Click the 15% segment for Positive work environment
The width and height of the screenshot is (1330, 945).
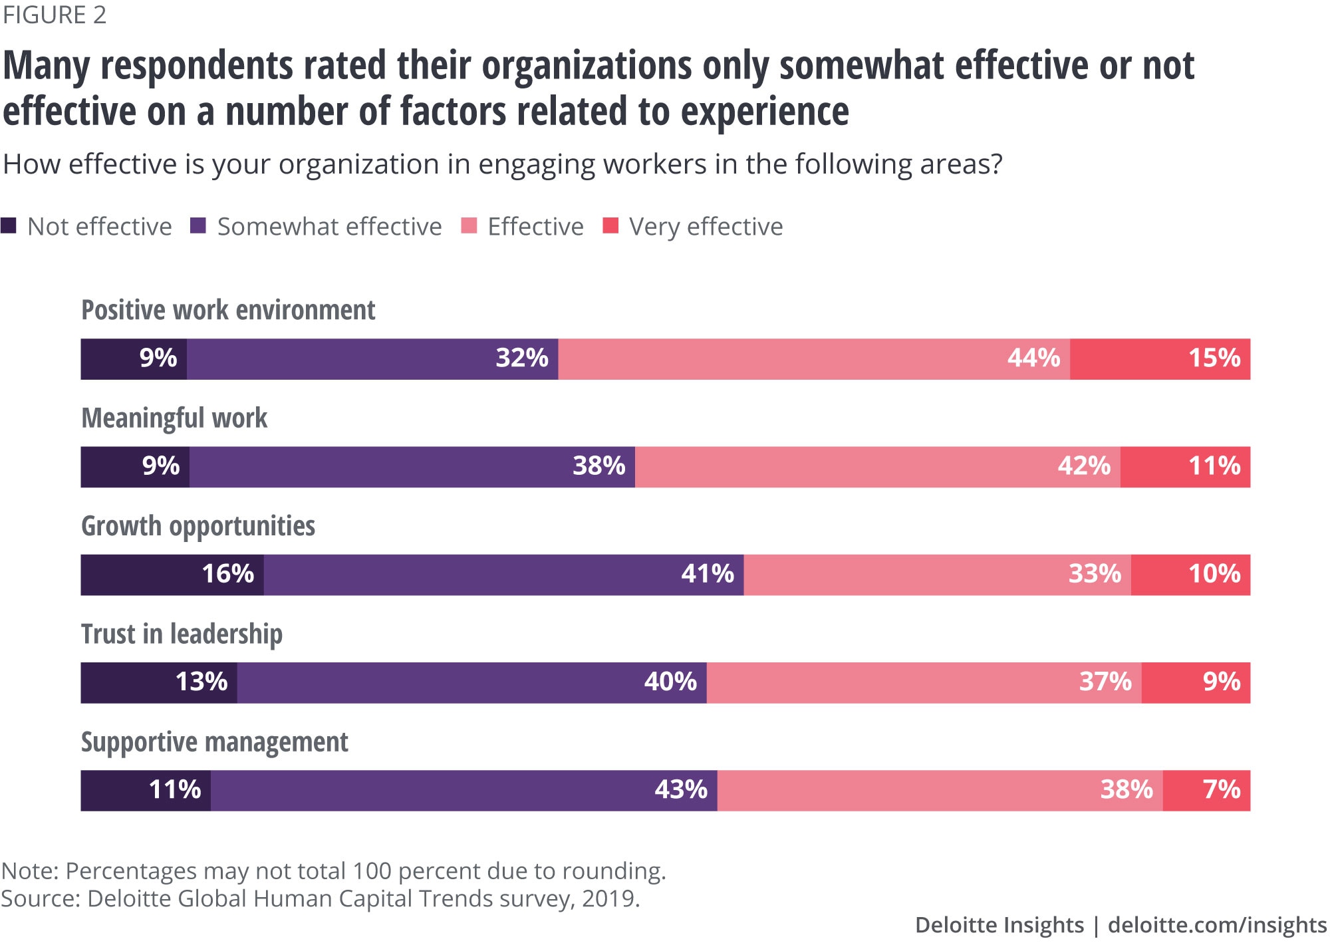1160,359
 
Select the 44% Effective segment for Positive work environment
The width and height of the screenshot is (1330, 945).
814,359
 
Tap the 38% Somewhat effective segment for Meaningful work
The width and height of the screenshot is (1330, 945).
412,467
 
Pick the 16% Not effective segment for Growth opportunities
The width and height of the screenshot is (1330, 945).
172,575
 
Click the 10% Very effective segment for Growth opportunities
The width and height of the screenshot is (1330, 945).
1190,575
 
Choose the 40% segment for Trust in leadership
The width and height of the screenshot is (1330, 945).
472,682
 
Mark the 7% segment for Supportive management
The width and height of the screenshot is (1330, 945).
1206,790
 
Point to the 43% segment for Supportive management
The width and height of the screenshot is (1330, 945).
464,790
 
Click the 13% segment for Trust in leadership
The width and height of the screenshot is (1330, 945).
159,682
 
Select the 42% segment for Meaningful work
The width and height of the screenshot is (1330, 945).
878,467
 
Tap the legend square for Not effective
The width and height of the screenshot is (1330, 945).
9,226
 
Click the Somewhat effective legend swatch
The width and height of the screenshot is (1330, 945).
198,226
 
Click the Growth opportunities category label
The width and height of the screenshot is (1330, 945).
198,526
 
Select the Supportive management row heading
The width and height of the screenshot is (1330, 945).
214,742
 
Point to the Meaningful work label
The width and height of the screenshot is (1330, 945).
174,418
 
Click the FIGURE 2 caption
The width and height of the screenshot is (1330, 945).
55,15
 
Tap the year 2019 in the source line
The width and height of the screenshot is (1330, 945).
608,898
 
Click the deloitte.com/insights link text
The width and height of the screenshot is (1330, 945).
1217,925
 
